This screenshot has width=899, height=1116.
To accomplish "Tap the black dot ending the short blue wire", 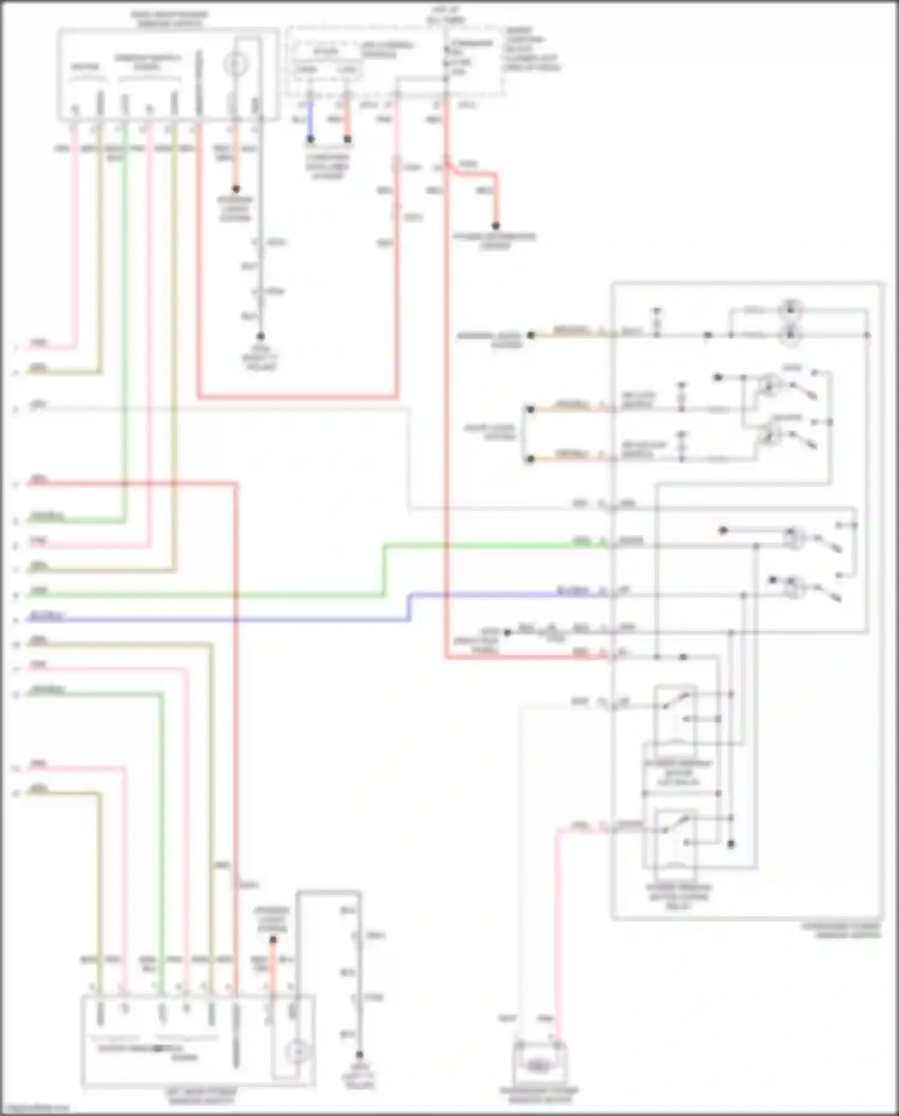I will pos(310,140).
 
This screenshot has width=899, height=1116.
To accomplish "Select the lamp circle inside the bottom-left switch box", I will pos(296,1051).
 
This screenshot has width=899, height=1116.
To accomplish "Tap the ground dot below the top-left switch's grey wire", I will pos(261,336).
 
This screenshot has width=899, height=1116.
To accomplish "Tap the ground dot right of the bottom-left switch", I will pos(359,1054).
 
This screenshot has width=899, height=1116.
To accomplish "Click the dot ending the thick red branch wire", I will pos(496,226).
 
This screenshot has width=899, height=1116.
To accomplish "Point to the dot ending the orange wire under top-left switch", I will pos(236,189).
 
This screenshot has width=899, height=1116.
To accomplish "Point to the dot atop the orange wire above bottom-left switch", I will pos(273,940).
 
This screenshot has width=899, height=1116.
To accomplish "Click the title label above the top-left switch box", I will pos(170,19).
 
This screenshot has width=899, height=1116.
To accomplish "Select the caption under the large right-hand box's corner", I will pos(841,930).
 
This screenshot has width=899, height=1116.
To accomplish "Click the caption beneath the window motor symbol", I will pos(539,1095).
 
